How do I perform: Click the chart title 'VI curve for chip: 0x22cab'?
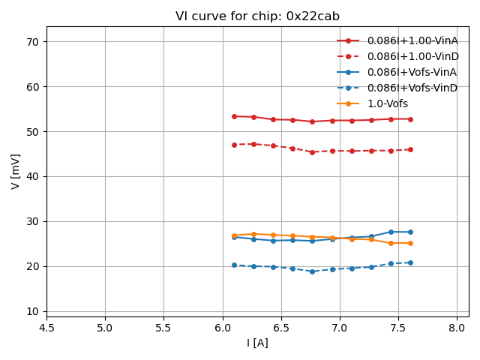(257, 16)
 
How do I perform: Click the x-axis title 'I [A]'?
(257, 343)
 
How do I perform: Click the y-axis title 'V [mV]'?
(16, 171)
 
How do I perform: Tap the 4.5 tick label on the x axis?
(46, 328)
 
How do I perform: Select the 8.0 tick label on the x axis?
(457, 328)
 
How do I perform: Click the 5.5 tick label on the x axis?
(163, 328)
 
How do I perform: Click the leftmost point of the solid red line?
(234, 116)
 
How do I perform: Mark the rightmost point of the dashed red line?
(410, 149)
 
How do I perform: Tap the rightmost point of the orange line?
(410, 243)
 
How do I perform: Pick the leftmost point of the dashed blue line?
(234, 265)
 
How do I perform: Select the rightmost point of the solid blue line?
(410, 232)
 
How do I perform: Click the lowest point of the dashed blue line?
(312, 271)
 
